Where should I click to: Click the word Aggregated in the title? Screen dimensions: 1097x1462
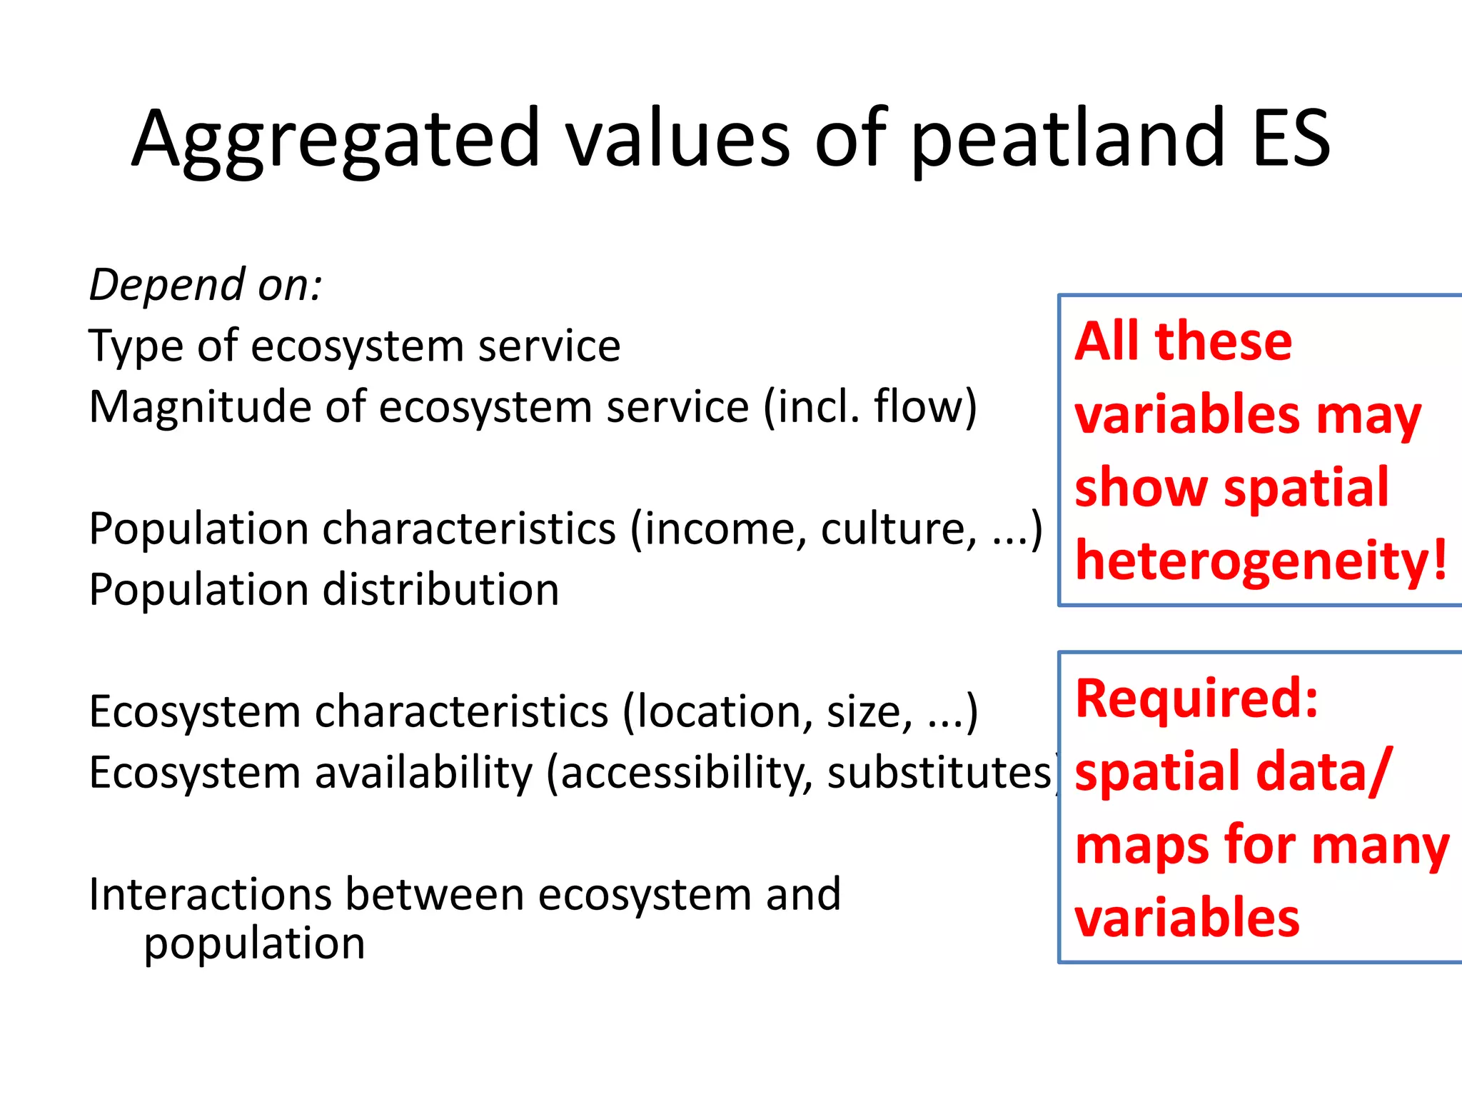click(x=336, y=139)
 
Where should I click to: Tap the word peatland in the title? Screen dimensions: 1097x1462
click(x=1067, y=139)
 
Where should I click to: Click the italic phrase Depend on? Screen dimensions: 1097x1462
click(x=206, y=285)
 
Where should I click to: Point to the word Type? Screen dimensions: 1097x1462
click(x=136, y=347)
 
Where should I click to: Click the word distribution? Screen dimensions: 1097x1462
click(x=440, y=591)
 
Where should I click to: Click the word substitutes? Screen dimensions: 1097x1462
click(x=939, y=773)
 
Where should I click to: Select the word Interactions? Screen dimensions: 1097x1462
click(x=210, y=895)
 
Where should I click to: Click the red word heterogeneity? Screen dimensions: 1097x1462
click(x=1261, y=561)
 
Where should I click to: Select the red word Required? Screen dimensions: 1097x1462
click(x=1196, y=698)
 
